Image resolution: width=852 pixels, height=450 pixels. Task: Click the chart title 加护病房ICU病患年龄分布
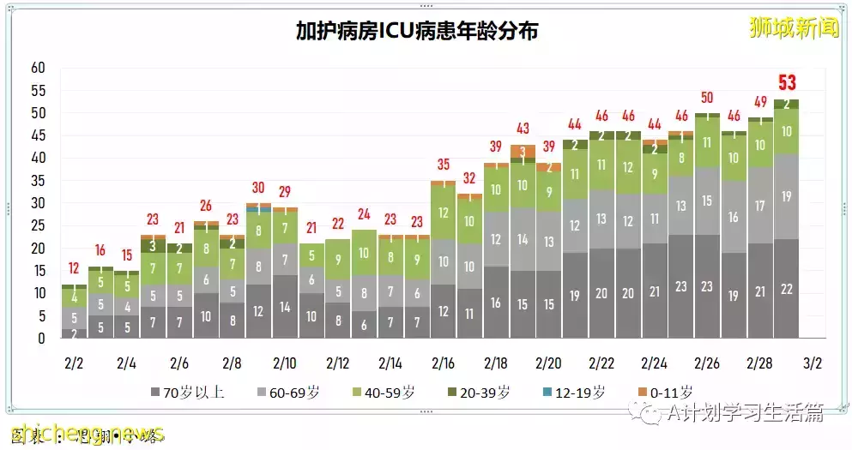pos(417,32)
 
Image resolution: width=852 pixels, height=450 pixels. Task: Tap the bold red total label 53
pos(786,83)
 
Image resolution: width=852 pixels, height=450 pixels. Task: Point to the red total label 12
pos(74,268)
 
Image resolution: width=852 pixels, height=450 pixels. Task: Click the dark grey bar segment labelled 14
pos(285,307)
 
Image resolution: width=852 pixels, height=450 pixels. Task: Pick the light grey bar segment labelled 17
pos(759,207)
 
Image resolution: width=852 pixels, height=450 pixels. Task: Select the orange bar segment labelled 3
pos(523,152)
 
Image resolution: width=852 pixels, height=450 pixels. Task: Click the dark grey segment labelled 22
pos(786,289)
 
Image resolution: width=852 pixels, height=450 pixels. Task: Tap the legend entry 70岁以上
pos(188,393)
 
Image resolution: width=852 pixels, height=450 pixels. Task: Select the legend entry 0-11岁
pos(664,393)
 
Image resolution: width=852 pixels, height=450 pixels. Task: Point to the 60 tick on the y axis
pos(38,68)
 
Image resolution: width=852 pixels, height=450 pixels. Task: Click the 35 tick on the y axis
pos(38,181)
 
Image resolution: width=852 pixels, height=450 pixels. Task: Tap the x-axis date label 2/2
pos(74,363)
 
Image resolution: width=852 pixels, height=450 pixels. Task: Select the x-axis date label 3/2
pos(813,363)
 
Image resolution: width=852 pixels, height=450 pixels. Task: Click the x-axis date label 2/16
pos(443,363)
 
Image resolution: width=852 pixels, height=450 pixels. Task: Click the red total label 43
pos(523,129)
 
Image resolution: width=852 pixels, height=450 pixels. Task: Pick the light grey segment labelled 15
pos(707,201)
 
